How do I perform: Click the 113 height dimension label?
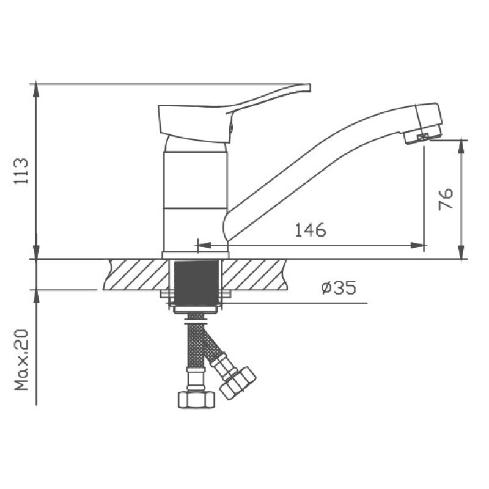(x=21, y=171)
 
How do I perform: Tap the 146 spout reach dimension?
(x=311, y=230)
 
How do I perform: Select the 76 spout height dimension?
(x=446, y=199)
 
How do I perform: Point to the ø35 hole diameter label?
(x=339, y=287)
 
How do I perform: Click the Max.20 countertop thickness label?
(x=21, y=360)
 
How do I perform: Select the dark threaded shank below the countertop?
(x=196, y=283)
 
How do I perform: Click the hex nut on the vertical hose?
(x=196, y=400)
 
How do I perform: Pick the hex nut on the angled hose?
(x=238, y=383)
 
